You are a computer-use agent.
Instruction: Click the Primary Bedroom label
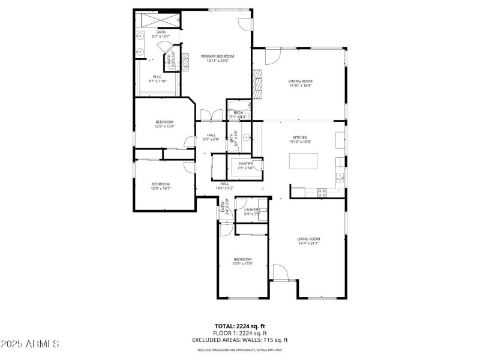(217, 58)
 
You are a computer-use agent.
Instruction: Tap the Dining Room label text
(301, 83)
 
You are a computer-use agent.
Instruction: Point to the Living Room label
(309, 241)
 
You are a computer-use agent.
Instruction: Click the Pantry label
(246, 166)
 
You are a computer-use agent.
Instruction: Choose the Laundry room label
(252, 212)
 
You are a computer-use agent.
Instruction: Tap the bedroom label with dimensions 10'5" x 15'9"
(243, 262)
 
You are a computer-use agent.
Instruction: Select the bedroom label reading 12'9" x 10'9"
(164, 124)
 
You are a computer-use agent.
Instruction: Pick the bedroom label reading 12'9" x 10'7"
(160, 186)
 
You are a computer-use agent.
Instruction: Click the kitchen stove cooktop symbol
(322, 192)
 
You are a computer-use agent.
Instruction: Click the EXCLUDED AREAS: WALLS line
(240, 340)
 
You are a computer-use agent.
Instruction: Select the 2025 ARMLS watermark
(30, 344)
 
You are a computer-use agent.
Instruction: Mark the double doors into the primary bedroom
(208, 115)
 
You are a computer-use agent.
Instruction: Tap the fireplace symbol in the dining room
(258, 83)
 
